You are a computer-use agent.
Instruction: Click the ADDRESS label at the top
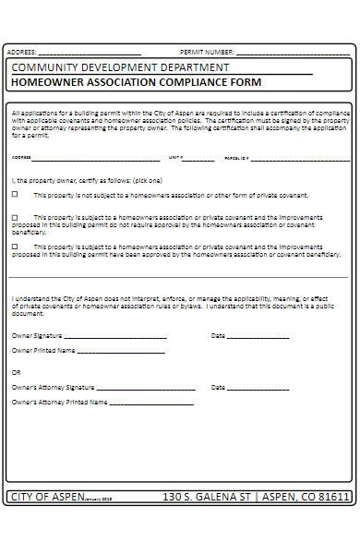pyautogui.click(x=21, y=52)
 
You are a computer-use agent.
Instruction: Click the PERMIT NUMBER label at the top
pyautogui.click(x=207, y=52)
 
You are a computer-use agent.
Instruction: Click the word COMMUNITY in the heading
pyautogui.click(x=45, y=67)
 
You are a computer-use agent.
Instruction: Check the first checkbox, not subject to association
pyautogui.click(x=15, y=195)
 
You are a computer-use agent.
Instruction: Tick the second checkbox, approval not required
pyautogui.click(x=15, y=218)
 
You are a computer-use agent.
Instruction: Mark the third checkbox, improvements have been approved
pyautogui.click(x=15, y=247)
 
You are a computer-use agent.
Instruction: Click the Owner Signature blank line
pyautogui.click(x=115, y=337)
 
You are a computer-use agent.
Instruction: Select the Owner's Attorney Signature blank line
pyautogui.click(x=145, y=389)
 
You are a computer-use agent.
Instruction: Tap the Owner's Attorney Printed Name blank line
pyautogui.click(x=151, y=403)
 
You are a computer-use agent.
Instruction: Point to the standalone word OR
pyautogui.click(x=16, y=372)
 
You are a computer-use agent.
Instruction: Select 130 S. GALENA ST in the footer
pyautogui.click(x=206, y=497)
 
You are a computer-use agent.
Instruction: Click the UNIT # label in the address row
pyautogui.click(x=178, y=158)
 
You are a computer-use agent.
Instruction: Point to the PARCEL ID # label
pyautogui.click(x=237, y=158)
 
